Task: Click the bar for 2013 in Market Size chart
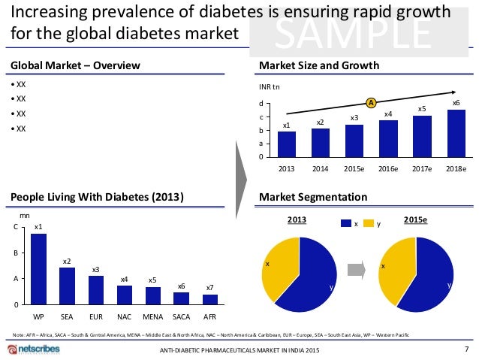pos(286,144)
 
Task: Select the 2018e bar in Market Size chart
pos(456,133)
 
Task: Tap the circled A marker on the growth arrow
pos(370,102)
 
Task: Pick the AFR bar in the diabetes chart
pos(210,299)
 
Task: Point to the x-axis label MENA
pos(153,316)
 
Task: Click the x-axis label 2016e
pos(388,168)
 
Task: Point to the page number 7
pos(467,349)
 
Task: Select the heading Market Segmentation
pos(312,197)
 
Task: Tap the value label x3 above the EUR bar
pos(95,269)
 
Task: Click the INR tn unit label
pos(269,86)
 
